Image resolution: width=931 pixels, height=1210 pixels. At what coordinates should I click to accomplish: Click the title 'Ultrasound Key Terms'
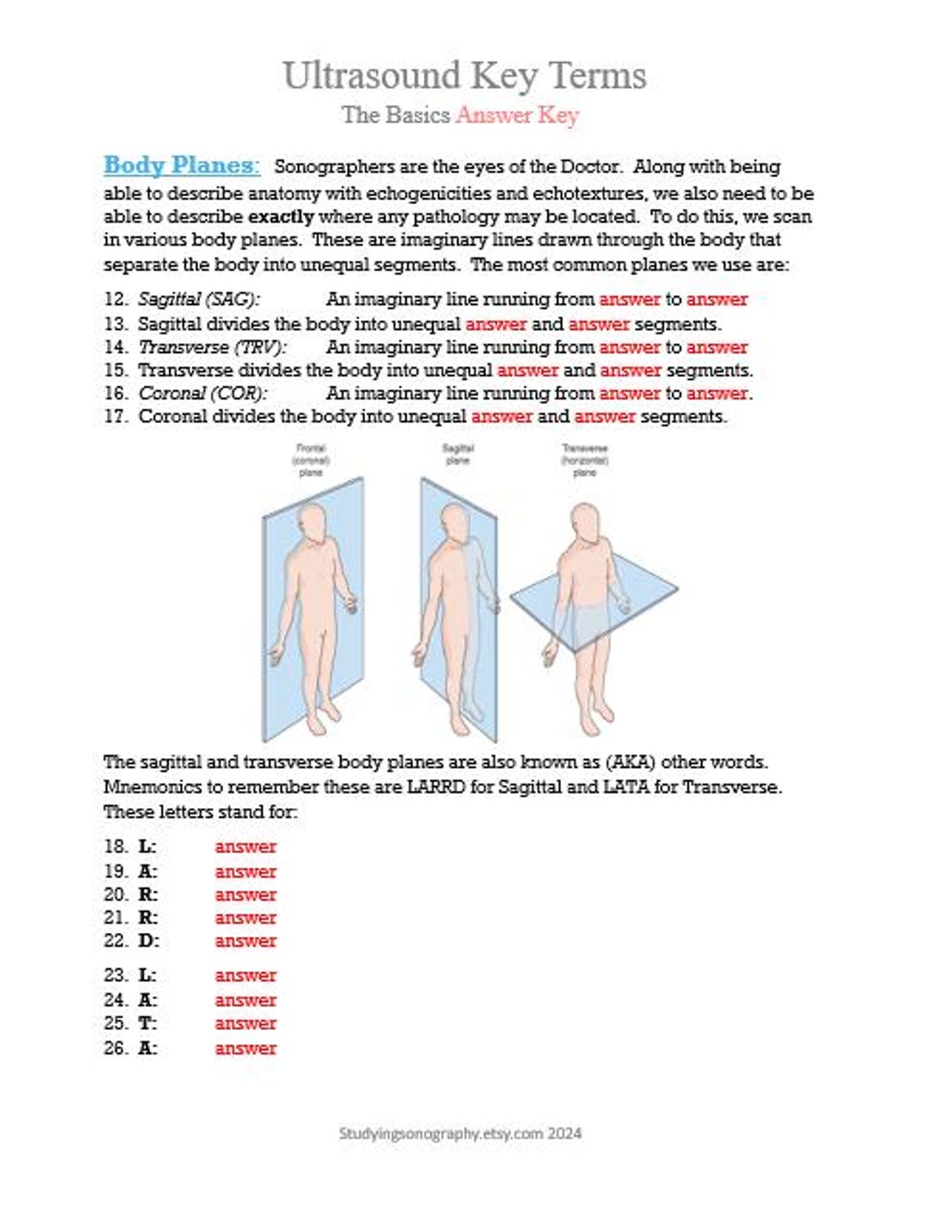click(464, 76)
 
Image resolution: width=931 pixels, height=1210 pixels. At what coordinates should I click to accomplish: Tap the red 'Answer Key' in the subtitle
click(518, 115)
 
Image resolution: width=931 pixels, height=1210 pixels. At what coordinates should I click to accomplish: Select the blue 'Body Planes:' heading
click(181, 165)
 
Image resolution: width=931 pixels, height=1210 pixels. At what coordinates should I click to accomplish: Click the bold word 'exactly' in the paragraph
click(281, 217)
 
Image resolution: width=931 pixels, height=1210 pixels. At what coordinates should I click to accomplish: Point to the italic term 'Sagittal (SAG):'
click(199, 300)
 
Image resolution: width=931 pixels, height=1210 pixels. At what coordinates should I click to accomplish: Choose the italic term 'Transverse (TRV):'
click(212, 347)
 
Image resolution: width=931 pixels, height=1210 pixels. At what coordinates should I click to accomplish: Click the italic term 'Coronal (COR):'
click(203, 394)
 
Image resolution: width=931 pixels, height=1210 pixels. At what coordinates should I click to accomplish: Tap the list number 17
click(115, 417)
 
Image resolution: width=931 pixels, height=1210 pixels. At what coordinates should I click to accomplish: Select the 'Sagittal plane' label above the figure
click(457, 454)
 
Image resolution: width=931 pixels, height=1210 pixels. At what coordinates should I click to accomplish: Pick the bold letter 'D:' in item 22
click(149, 941)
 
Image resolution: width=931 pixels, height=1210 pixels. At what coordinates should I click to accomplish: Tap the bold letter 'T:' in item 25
click(148, 1024)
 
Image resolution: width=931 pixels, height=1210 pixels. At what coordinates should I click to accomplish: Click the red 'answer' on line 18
click(245, 847)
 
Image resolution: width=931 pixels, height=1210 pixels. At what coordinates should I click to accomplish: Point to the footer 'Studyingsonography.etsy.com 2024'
click(461, 1133)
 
